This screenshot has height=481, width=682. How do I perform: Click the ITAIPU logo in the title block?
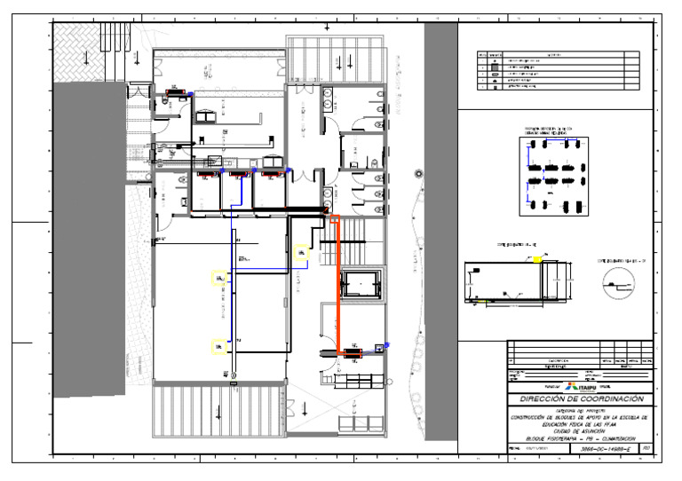(581, 388)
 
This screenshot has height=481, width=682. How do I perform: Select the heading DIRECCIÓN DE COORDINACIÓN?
(581, 400)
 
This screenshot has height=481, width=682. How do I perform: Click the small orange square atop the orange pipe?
(335, 217)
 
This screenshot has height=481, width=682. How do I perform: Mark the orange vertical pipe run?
(337, 284)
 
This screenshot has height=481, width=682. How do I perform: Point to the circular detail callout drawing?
(620, 282)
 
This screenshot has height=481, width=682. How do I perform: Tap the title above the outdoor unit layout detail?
(551, 130)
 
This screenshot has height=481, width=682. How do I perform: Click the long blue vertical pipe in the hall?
(233, 284)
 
